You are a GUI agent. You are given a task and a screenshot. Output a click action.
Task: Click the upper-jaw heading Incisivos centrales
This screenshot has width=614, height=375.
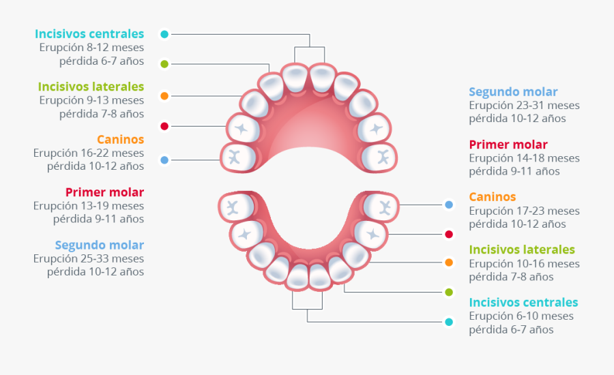coord(89,33)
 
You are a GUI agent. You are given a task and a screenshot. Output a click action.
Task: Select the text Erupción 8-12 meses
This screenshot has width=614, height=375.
coord(91,47)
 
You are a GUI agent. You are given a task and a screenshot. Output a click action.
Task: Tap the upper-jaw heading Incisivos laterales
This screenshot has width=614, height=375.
coord(91,87)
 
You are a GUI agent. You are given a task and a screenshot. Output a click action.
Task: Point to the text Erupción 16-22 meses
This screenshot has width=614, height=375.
coord(89,153)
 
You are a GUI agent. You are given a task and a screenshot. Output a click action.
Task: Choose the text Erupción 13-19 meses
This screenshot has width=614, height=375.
coord(89,205)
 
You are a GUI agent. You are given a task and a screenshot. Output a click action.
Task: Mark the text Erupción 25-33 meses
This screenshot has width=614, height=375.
coord(89,258)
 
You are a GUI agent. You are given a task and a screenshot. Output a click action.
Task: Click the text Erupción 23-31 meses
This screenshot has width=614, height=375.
coord(524,105)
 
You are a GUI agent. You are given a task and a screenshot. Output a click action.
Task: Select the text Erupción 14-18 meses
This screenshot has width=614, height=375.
coord(524,157)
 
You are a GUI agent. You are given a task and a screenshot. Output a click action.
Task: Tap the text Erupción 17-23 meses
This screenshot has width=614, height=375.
coord(524,211)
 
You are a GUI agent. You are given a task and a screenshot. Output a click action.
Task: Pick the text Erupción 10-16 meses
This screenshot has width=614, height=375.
coord(524,263)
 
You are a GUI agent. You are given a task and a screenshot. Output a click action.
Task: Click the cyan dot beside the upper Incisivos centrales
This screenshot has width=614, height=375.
coord(164,33)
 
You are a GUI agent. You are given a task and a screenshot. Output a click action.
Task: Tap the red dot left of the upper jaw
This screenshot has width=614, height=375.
coord(164,126)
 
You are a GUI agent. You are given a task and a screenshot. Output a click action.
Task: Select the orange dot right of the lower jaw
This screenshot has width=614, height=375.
coord(449,262)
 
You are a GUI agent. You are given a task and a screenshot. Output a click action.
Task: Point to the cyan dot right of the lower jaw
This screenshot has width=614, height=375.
coord(449,322)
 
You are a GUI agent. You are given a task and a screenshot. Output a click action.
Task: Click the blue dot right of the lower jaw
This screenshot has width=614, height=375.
coord(449,205)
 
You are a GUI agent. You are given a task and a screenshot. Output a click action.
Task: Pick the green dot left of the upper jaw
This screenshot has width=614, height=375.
coord(164,64)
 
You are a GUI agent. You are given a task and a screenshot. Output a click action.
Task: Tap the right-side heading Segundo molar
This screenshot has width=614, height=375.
coord(513,91)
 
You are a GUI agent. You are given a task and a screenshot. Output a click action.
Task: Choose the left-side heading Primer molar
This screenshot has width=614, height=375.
coord(104,192)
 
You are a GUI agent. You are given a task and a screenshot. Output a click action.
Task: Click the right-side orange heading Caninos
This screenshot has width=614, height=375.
coord(492,197)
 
